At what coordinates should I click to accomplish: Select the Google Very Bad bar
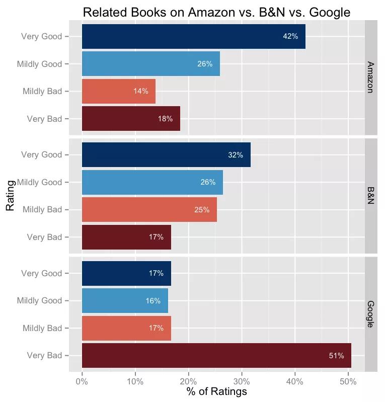point(216,356)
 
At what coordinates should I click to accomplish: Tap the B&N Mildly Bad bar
point(149,210)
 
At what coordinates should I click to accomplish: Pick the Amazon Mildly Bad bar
point(118,91)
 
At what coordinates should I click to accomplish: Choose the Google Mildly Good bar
point(125,301)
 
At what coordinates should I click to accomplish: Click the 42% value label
point(290,36)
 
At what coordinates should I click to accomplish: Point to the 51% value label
point(336,356)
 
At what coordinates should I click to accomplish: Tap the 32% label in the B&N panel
point(236,155)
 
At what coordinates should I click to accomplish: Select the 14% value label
point(141,91)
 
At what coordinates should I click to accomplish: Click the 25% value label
point(202,210)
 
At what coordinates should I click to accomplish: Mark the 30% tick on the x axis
point(242,381)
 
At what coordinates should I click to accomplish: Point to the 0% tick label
point(82,381)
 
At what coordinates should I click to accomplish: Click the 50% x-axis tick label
point(348,381)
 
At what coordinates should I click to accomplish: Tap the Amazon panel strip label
point(371,77)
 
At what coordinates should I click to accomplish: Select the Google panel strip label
point(371,314)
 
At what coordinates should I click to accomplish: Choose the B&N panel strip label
point(371,196)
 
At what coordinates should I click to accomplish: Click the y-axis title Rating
point(10,196)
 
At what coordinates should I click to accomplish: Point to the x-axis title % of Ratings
point(217,391)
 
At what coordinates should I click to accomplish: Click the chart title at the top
point(216,12)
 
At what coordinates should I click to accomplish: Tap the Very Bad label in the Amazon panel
point(44,119)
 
